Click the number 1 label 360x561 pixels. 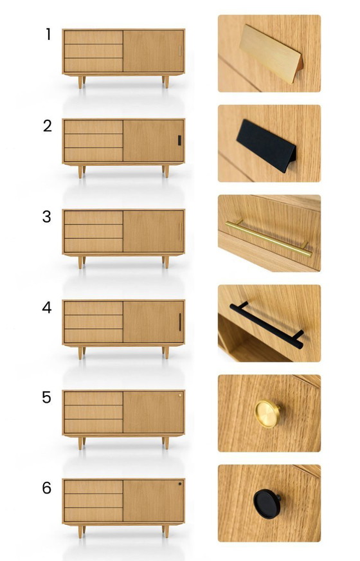48,35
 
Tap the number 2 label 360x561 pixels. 48,125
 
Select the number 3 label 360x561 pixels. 46,217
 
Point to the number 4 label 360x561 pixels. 47,308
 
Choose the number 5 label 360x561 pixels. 46,398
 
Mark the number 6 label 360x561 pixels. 46,488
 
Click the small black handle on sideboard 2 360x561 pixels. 180,140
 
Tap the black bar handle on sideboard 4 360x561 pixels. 180,321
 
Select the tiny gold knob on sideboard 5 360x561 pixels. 180,396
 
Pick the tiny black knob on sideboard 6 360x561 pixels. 180,484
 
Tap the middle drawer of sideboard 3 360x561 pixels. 93,231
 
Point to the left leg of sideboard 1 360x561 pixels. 82,82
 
